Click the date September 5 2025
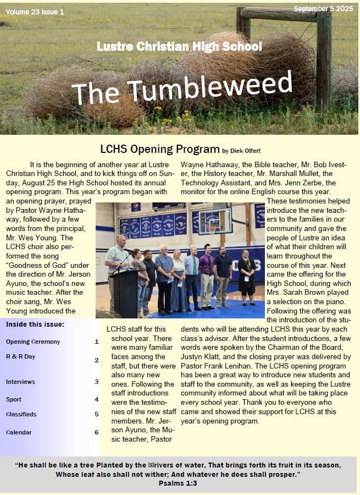(x=324, y=9)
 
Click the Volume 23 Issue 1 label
(x=36, y=11)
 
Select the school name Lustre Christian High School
(x=179, y=46)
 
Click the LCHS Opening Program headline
(x=159, y=149)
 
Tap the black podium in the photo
(x=125, y=291)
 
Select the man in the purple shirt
(x=207, y=278)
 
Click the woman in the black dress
(x=246, y=278)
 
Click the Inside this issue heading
(x=35, y=324)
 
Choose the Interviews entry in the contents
(x=20, y=382)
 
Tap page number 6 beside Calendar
(x=96, y=432)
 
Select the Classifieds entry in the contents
(x=21, y=414)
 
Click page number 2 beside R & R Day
(x=96, y=360)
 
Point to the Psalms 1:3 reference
(x=178, y=483)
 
